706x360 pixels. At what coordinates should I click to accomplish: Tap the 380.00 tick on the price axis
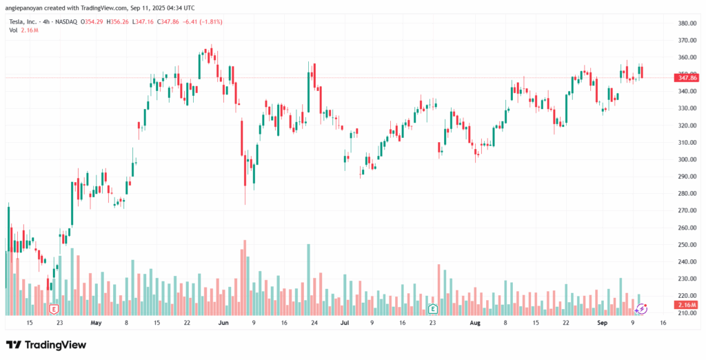tap(685, 23)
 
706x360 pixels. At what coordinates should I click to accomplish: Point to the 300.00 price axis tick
tap(685, 159)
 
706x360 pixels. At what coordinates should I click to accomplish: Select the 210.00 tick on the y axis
tap(685, 312)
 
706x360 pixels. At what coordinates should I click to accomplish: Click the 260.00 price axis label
tap(685, 228)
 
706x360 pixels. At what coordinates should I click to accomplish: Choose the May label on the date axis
tap(96, 322)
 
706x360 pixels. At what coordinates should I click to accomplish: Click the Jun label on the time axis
tap(223, 322)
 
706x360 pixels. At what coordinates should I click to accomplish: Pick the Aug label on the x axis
tap(475, 322)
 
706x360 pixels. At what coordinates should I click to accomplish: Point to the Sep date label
tap(601, 322)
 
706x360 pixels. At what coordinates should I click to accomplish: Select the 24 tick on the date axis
tap(314, 322)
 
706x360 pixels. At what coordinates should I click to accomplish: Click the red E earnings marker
tap(54, 308)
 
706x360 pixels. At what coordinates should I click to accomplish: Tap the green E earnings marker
tap(432, 308)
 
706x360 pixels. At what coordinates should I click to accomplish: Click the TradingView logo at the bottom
tap(46, 344)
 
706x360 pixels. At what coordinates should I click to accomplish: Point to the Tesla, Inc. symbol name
tap(23, 21)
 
